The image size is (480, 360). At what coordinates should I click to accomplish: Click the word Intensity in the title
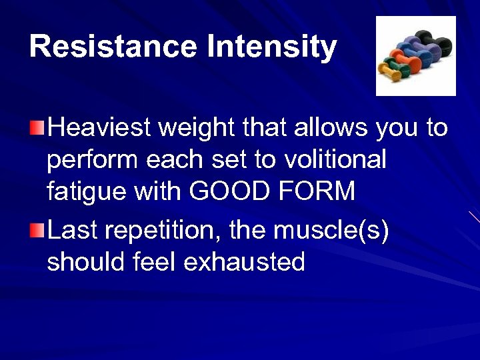272,47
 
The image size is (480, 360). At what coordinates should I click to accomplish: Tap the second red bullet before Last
38,231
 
